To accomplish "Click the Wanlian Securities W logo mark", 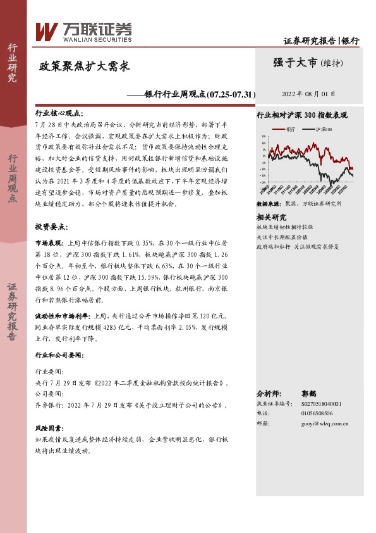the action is coord(47,30).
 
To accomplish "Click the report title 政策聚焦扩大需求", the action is coord(85,66).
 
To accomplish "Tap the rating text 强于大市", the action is coord(296,62).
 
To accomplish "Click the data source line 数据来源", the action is coord(299,204).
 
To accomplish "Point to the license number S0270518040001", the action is coord(320,403).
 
